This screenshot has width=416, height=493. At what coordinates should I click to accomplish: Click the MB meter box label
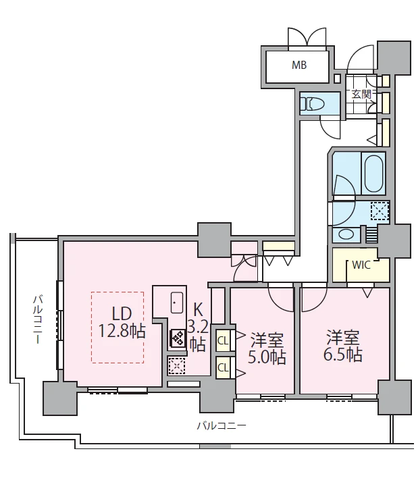point(299,65)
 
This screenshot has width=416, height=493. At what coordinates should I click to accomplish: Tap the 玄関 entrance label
point(361,95)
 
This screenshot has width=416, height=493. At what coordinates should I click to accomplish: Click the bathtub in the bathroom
point(373,173)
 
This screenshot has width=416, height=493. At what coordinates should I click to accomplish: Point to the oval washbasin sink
point(343,234)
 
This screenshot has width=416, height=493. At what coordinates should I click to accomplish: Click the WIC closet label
point(361,265)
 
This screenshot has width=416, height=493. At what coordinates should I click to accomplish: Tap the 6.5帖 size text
point(343,355)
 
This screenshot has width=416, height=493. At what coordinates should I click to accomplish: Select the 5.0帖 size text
point(267,357)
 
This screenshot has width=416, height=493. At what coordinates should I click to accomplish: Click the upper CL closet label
point(223,340)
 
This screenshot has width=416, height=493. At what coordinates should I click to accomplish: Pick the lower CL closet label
point(223,367)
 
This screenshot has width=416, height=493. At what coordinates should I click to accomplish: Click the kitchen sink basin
point(177,303)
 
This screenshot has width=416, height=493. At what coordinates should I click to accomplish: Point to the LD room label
point(122,313)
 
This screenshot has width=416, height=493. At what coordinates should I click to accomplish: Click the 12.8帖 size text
point(122,331)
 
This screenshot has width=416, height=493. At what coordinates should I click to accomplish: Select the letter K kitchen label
point(198,310)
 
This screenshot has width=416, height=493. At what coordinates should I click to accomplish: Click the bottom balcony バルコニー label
point(222,426)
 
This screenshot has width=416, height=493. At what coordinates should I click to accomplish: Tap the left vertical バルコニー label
point(38,319)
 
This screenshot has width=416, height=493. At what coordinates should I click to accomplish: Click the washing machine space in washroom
point(380,211)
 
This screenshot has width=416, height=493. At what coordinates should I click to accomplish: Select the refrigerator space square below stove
point(176,366)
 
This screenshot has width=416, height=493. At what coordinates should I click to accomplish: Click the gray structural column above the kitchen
point(215,240)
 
